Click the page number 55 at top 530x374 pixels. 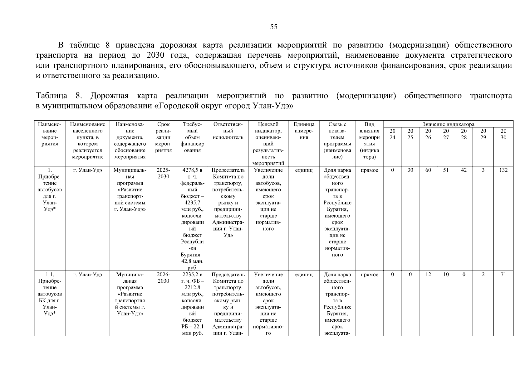tap(273, 27)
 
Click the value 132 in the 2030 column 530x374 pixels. tap(503, 170)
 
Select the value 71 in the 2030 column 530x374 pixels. tap(503, 275)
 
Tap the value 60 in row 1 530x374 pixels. tap(428, 170)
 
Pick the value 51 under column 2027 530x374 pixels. tap(446, 170)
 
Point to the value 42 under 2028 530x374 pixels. tap(464, 170)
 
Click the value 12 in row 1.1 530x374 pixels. tap(428, 275)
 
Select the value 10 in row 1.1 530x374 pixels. tap(446, 275)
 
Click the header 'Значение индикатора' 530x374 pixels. tap(448, 124)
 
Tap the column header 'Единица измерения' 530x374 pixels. tap(304, 131)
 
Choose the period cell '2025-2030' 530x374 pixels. tap(163, 173)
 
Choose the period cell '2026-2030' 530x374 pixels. tap(163, 278)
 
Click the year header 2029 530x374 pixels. tap(483, 134)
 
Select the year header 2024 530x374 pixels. tap(392, 134)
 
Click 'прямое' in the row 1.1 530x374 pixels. tap(369, 275)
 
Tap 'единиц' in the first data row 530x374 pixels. tap(304, 170)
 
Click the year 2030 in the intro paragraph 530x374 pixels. tap(155, 55)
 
